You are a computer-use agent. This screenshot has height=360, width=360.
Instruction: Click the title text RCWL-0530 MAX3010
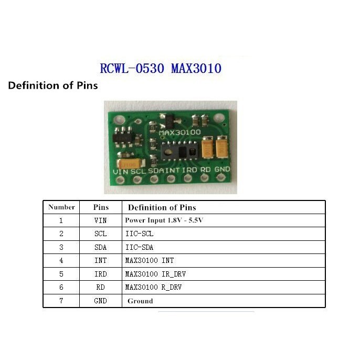tap(161, 69)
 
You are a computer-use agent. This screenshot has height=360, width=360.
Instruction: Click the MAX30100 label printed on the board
tap(179, 133)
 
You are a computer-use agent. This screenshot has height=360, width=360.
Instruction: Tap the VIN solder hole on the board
tap(120, 180)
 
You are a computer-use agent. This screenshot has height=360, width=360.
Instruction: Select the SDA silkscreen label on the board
tap(156, 170)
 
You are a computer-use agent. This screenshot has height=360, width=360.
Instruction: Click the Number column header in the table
tap(61, 207)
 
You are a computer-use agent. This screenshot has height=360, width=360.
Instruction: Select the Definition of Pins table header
tap(162, 207)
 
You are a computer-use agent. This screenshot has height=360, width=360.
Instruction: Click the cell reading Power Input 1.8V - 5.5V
tap(164, 220)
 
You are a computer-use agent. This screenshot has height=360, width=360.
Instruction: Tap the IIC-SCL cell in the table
tap(139, 234)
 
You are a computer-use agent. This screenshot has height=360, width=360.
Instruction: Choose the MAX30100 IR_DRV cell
tap(155, 274)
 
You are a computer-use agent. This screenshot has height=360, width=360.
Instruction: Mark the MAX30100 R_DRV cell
tap(153, 288)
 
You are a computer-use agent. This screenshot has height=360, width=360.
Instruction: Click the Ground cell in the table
tap(140, 301)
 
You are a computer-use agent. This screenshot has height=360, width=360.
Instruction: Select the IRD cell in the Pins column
tap(100, 274)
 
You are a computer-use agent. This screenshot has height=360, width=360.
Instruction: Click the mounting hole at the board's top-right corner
tap(221, 115)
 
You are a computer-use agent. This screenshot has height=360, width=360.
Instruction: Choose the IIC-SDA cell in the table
tap(139, 247)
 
